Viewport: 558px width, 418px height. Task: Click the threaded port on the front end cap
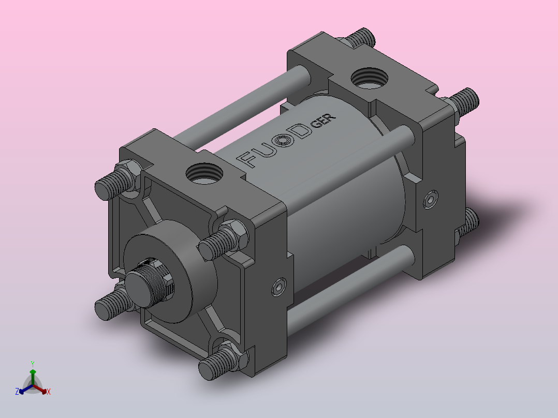coord(204,173)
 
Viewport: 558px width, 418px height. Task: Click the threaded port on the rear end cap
coord(369,78)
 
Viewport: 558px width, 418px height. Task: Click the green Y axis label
coord(33,364)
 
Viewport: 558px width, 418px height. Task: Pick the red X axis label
coord(49,392)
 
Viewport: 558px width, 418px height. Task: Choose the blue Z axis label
coord(17,392)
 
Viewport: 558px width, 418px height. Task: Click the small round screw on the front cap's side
coord(279,287)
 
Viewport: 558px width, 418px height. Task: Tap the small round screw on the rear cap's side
coord(431,200)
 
